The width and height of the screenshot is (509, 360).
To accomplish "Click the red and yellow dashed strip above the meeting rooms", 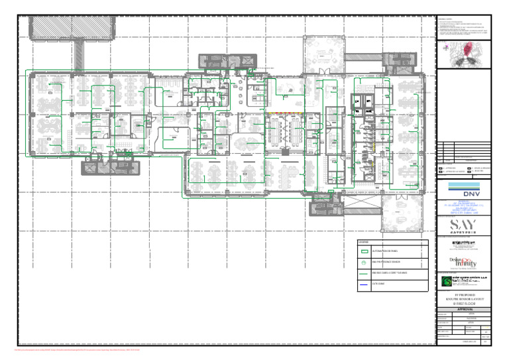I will coord(285,112).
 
